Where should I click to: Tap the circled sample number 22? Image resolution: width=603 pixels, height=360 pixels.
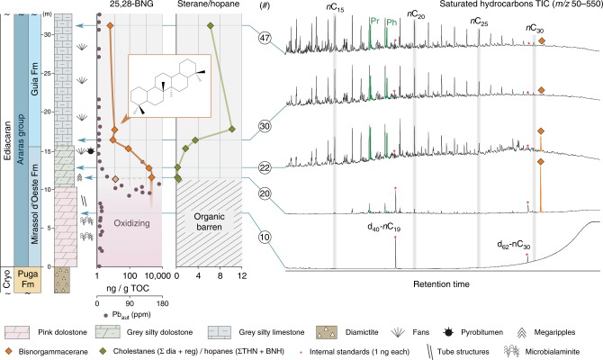click(265, 167)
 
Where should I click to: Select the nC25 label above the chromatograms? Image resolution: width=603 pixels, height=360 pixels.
click(478, 19)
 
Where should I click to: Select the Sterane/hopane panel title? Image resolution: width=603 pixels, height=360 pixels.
click(209, 6)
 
